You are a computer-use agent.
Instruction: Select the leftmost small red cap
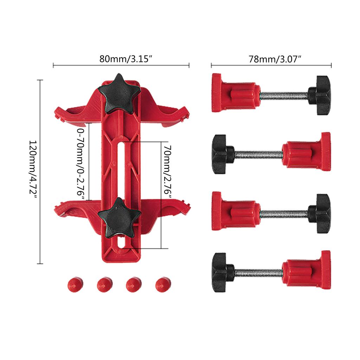pos(75,284)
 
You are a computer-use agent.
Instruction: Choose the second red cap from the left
pos(105,284)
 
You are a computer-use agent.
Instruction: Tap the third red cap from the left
pos(134,284)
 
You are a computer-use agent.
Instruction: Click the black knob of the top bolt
pos(319,95)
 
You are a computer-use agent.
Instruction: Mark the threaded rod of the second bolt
pos(258,154)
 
